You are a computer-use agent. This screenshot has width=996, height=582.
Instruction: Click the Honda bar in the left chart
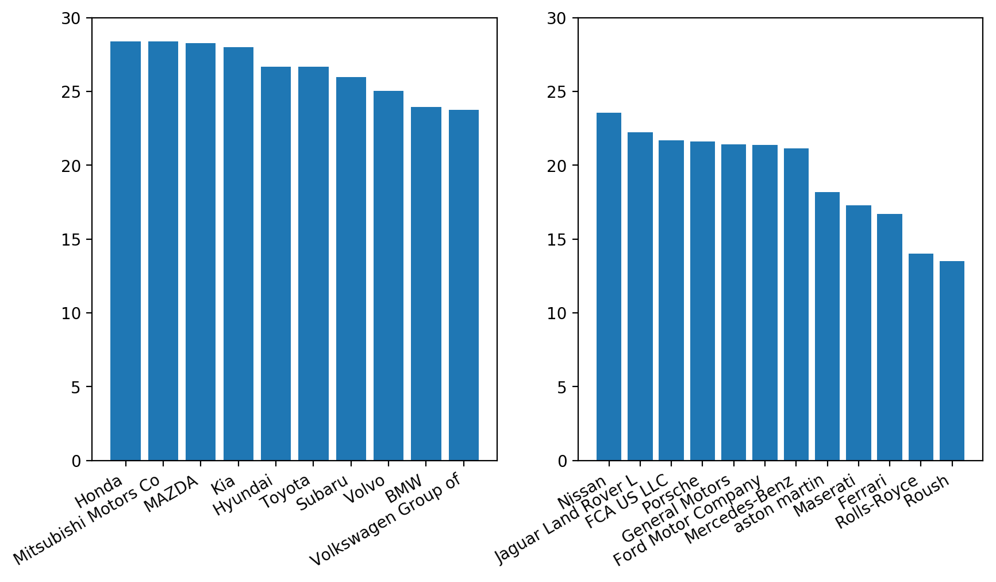[125, 251]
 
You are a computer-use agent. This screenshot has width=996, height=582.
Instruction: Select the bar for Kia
[238, 254]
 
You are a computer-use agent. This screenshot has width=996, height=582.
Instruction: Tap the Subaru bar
[351, 269]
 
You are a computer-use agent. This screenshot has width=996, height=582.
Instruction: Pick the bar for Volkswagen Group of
[463, 285]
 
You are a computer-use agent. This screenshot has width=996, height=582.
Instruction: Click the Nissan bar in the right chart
[609, 286]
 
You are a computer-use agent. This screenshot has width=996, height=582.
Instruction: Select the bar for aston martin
[827, 326]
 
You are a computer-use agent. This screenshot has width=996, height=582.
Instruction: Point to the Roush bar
[952, 361]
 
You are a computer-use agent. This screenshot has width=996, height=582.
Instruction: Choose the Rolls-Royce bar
[921, 357]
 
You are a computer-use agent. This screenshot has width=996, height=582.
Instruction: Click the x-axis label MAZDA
[171, 493]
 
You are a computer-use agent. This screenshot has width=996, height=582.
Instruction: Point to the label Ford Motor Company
[687, 521]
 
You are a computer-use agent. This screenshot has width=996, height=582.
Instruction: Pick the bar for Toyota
[313, 263]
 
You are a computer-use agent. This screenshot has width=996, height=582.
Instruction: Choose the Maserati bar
[858, 332]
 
